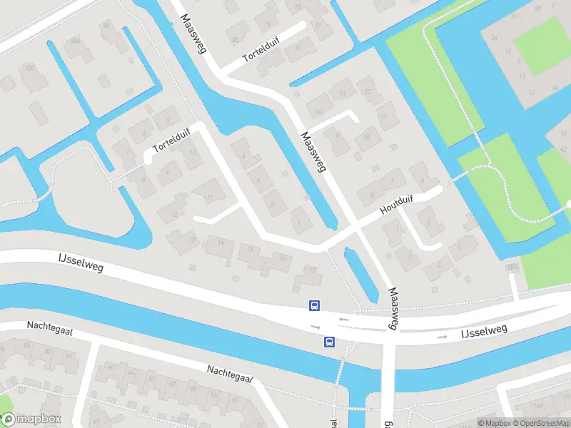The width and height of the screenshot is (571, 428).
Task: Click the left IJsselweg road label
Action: click(x=81, y=262)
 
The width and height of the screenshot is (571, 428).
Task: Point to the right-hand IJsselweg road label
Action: click(x=483, y=330)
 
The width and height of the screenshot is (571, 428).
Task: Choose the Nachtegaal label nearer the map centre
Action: click(x=231, y=373)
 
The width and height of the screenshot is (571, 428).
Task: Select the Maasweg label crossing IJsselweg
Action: click(x=392, y=308)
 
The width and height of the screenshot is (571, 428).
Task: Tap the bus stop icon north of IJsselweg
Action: click(x=313, y=306)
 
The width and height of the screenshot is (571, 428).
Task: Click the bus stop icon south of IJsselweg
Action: click(x=329, y=342)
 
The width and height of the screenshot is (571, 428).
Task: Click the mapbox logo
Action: click(x=31, y=419)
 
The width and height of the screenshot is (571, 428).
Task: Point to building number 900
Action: click(x=510, y=267)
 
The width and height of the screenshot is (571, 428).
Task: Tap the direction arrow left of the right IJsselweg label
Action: click(x=443, y=335)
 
